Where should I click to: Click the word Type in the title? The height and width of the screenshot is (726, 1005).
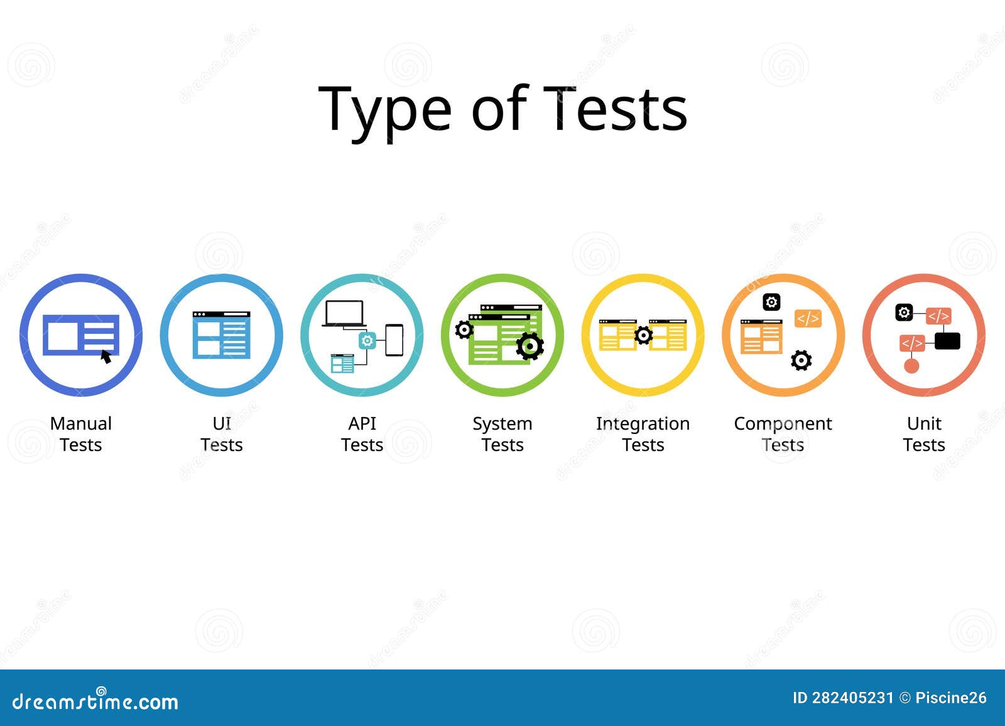tap(384, 113)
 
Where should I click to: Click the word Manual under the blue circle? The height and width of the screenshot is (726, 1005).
tap(81, 423)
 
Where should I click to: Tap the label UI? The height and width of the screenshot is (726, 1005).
tap(222, 423)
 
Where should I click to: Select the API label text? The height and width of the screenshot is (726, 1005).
tap(362, 423)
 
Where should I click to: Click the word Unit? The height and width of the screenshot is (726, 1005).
tap(924, 423)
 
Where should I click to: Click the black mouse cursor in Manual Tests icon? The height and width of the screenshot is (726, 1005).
tap(106, 357)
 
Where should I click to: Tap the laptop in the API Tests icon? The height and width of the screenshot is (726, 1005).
tap(344, 313)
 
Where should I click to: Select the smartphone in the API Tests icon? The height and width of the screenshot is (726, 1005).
tap(394, 340)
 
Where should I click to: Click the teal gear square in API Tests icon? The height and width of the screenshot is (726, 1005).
tap(367, 340)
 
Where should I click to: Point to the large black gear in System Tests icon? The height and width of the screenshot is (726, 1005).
tap(530, 347)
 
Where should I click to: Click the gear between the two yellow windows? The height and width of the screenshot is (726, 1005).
tap(643, 335)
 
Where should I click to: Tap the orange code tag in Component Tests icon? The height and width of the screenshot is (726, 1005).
tap(808, 318)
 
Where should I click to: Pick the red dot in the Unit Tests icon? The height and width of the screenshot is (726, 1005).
tap(911, 366)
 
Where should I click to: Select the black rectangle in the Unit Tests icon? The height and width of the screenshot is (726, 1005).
tap(948, 341)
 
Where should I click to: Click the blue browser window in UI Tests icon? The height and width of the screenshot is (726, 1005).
tap(222, 335)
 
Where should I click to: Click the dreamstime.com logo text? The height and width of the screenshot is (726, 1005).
tap(95, 702)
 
